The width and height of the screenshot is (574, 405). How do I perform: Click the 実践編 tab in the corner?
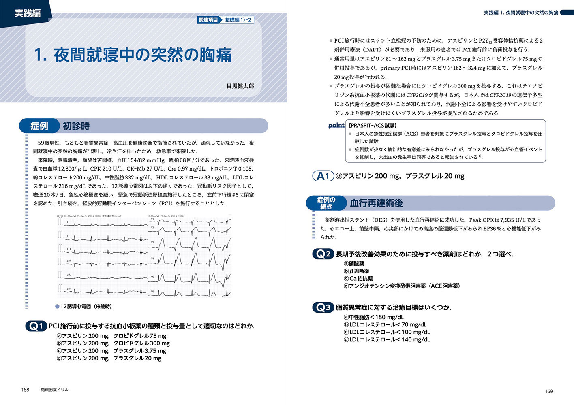(27, 13)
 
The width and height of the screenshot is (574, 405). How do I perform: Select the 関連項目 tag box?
(208, 20)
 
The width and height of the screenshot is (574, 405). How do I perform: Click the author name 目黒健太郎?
(240, 86)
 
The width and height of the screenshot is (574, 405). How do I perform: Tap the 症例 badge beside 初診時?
(39, 126)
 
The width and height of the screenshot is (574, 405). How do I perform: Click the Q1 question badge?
(36, 326)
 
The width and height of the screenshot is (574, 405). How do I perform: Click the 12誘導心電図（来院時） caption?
(86, 307)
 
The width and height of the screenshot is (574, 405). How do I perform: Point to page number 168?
(25, 390)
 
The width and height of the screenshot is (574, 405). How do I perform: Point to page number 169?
(548, 391)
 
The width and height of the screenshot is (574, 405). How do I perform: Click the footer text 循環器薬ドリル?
(55, 390)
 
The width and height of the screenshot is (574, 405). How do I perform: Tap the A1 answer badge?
(323, 176)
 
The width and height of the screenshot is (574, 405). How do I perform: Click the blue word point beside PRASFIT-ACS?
(336, 126)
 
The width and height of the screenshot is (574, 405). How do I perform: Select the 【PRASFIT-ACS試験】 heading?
(373, 126)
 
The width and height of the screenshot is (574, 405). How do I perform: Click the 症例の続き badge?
(326, 203)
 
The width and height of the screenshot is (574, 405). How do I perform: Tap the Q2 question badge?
(323, 254)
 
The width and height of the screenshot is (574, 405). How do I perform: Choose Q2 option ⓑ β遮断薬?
(357, 271)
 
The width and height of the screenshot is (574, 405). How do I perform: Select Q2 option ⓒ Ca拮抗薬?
(358, 279)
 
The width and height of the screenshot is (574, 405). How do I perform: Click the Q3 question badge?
(323, 307)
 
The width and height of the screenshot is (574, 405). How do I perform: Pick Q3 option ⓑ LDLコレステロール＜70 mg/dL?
(385, 325)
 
